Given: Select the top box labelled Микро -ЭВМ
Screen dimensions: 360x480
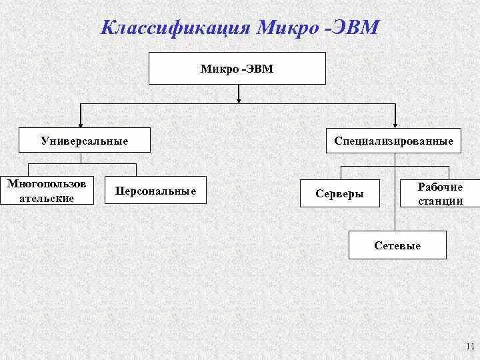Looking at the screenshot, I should (237, 68).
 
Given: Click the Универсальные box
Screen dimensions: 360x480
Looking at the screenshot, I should (84, 141).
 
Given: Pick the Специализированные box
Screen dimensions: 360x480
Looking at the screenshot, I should (393, 141).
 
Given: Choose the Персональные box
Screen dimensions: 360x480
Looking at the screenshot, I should (155, 191).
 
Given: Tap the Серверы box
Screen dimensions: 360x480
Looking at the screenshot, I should (340, 193).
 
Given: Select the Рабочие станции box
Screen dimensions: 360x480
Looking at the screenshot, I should (440, 194).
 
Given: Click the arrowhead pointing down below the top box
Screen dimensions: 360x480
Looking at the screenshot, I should (238, 100).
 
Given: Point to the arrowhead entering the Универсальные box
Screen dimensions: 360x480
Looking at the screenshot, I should (81, 124).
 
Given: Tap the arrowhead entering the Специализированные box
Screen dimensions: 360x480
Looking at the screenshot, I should (396, 124).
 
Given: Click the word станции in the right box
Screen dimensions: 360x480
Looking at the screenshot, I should (440, 201).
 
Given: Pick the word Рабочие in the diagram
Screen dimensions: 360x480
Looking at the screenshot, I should (440, 187).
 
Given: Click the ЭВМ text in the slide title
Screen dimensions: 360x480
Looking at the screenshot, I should (358, 29).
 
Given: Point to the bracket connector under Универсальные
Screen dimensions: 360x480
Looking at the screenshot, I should (81, 164).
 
